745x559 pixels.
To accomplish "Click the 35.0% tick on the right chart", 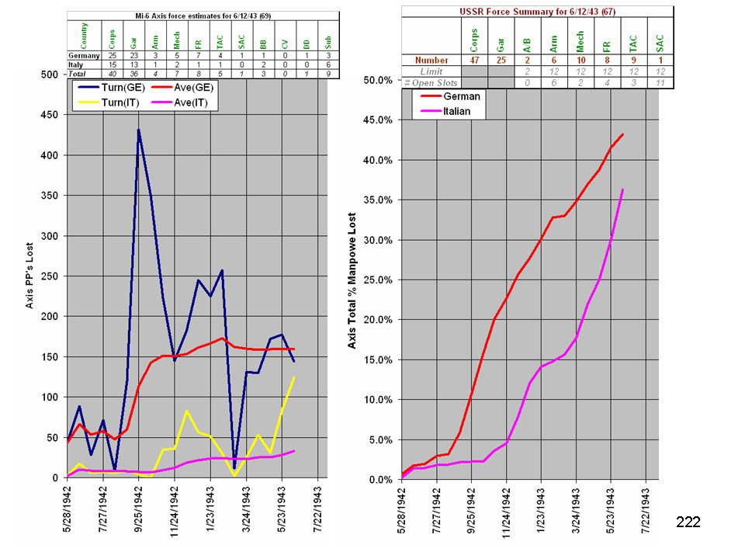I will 381,200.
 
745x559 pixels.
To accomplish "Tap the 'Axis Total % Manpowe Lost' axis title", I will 352,279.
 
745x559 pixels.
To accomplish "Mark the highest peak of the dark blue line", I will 138,130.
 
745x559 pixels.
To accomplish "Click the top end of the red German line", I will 622,134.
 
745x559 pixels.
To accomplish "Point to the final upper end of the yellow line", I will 294,377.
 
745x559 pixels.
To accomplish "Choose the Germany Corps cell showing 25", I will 113,56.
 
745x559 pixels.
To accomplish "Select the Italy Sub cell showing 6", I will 327,64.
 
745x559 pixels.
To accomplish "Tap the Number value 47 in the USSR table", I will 473,60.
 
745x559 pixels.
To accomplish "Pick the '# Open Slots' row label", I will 431,82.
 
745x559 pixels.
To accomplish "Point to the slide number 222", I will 688,522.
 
